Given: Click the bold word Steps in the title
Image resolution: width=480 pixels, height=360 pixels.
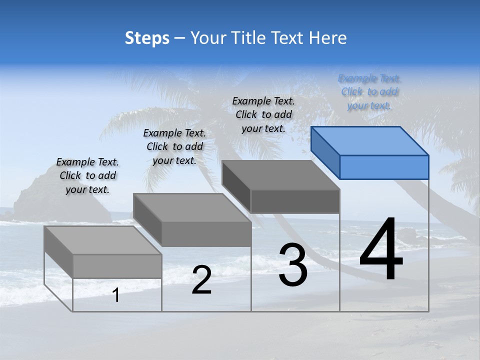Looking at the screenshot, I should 147,38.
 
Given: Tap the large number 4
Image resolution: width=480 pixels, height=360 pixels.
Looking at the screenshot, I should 381,248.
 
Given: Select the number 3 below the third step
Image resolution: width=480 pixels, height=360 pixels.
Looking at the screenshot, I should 293,265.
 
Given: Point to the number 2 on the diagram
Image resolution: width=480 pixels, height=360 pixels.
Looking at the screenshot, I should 201,280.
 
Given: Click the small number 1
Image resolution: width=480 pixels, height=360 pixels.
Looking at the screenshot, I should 116,295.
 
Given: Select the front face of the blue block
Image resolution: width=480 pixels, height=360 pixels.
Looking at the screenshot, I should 384,167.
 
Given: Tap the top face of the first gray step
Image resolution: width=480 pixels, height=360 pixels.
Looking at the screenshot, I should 102,240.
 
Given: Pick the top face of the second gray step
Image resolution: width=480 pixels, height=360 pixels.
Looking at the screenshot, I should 191,207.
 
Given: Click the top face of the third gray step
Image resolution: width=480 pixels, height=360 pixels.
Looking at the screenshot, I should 280,174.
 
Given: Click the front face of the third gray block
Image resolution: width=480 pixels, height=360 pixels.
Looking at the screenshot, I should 295,201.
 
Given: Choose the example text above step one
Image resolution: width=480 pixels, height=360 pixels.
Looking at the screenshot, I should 87,175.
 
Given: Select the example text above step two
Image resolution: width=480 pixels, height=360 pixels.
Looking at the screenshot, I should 174,146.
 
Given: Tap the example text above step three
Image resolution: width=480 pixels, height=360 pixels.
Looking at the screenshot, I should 263,114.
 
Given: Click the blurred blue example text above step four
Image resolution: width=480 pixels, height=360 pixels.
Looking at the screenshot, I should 369,92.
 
